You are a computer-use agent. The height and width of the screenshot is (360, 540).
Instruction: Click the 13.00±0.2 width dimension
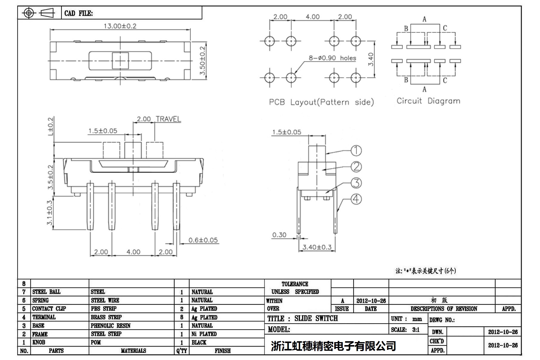click(120, 26)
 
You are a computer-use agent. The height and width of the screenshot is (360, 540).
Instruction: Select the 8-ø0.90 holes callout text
click(332, 58)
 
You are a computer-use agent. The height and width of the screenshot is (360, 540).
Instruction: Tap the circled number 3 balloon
click(356, 183)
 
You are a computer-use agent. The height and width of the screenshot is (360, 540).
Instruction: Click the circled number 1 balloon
click(356, 151)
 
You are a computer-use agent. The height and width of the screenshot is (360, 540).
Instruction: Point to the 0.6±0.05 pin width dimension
click(203, 240)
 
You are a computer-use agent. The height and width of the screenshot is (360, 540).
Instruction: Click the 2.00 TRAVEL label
click(159, 119)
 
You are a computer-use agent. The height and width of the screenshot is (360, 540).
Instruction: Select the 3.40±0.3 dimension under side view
click(317, 247)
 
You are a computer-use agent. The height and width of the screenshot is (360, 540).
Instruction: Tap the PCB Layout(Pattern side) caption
click(321, 102)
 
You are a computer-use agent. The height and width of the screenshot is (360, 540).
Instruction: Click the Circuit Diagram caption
click(428, 101)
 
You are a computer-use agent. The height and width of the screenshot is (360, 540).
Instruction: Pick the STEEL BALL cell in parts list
click(46, 292)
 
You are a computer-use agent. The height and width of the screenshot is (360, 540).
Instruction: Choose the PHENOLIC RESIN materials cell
click(111, 325)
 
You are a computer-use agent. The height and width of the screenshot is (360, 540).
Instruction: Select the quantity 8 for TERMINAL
click(182, 317)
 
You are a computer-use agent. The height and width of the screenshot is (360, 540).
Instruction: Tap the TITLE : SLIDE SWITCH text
click(302, 319)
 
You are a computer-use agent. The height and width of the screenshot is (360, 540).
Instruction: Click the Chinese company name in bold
click(333, 346)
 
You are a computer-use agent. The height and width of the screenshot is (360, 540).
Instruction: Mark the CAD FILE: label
click(78, 13)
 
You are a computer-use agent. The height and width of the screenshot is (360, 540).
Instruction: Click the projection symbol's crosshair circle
click(29, 13)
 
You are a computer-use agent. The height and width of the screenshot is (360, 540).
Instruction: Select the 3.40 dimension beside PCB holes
click(371, 59)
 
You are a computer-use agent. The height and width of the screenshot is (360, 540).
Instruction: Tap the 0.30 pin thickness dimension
click(279, 235)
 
